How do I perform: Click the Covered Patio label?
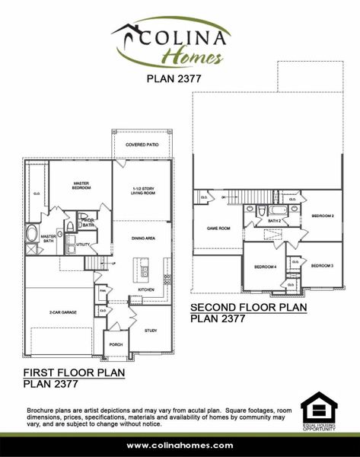142,144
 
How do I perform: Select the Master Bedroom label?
82,185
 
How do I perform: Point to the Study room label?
151,330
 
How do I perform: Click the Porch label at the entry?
116,344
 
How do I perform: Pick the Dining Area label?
144,239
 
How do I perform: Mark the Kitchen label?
146,289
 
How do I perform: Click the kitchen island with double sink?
142,267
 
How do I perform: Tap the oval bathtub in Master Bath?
31,234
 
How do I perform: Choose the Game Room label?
218,227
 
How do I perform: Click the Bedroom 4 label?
264,267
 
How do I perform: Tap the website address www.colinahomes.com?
180,444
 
